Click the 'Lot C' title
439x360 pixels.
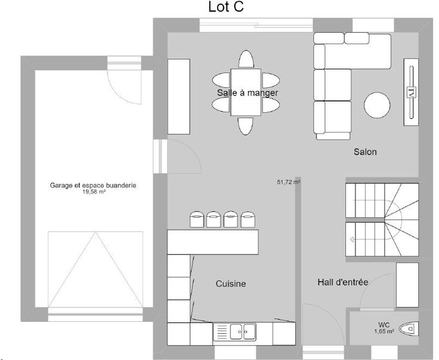[x=226, y=7]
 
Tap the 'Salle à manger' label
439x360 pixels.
[x=248, y=93]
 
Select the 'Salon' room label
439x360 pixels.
[x=365, y=152]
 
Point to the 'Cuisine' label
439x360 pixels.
[x=231, y=284]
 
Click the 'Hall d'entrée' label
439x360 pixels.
[x=343, y=282]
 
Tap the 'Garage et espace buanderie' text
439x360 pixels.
[x=93, y=186]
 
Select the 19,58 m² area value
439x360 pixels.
[x=94, y=192]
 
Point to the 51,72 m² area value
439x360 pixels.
[x=289, y=182]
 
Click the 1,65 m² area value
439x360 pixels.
[x=384, y=331]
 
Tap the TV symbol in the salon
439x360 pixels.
[x=411, y=92]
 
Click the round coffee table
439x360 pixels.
[x=377, y=105]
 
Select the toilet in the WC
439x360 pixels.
[x=409, y=328]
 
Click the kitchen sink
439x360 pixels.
[x=243, y=332]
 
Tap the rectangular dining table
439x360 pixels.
[x=246, y=92]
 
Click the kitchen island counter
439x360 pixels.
[x=213, y=242]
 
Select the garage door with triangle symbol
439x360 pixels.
[x=95, y=269]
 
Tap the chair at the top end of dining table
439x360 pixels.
[x=246, y=59]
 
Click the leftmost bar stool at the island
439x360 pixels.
[x=197, y=219]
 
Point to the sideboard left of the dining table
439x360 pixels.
[x=178, y=97]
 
